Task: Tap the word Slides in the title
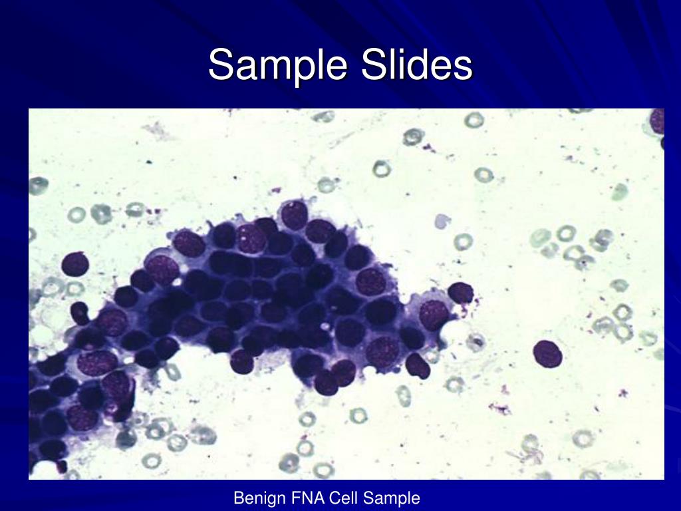coord(417,65)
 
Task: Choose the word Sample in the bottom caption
coord(395,498)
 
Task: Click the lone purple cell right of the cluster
coord(547,353)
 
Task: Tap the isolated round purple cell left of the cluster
coord(74,264)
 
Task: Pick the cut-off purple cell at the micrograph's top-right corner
coord(658,122)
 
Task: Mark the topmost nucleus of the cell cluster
coord(294,215)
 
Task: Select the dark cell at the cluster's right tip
coord(460,292)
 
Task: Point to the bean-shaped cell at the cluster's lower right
coord(418,365)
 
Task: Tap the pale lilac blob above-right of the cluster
coord(442,222)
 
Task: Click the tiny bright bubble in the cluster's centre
coord(323,327)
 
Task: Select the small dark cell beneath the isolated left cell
coord(80,311)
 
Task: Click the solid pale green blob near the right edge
coord(620,192)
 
